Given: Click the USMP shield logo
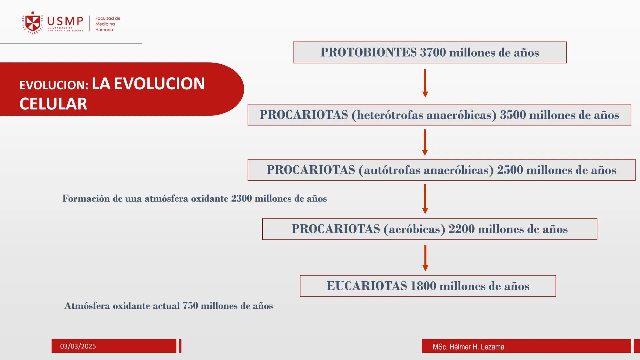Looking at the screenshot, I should click(x=33, y=23).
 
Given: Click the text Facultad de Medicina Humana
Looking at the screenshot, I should click(x=107, y=24).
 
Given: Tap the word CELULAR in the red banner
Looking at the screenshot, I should click(x=53, y=104).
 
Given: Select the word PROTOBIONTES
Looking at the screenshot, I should click(x=368, y=52).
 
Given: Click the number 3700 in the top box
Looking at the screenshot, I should click(x=433, y=52).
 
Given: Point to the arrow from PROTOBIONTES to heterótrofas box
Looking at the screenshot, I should click(x=425, y=83).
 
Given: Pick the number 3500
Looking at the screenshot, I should click(x=513, y=115).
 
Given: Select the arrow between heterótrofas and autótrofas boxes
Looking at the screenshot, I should click(x=425, y=142).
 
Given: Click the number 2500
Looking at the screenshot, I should click(x=510, y=170).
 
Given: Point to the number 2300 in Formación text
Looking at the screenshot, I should click(x=241, y=199).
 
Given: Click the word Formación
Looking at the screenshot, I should click(x=86, y=199).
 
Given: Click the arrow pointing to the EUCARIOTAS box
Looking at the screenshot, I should click(x=425, y=258).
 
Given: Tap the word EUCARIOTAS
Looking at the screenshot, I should click(x=367, y=286).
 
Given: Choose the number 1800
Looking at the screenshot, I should click(x=423, y=286).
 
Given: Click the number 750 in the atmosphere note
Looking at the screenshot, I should click(x=190, y=306).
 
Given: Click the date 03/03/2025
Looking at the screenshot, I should click(x=78, y=346).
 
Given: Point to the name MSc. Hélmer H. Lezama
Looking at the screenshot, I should click(x=468, y=347).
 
